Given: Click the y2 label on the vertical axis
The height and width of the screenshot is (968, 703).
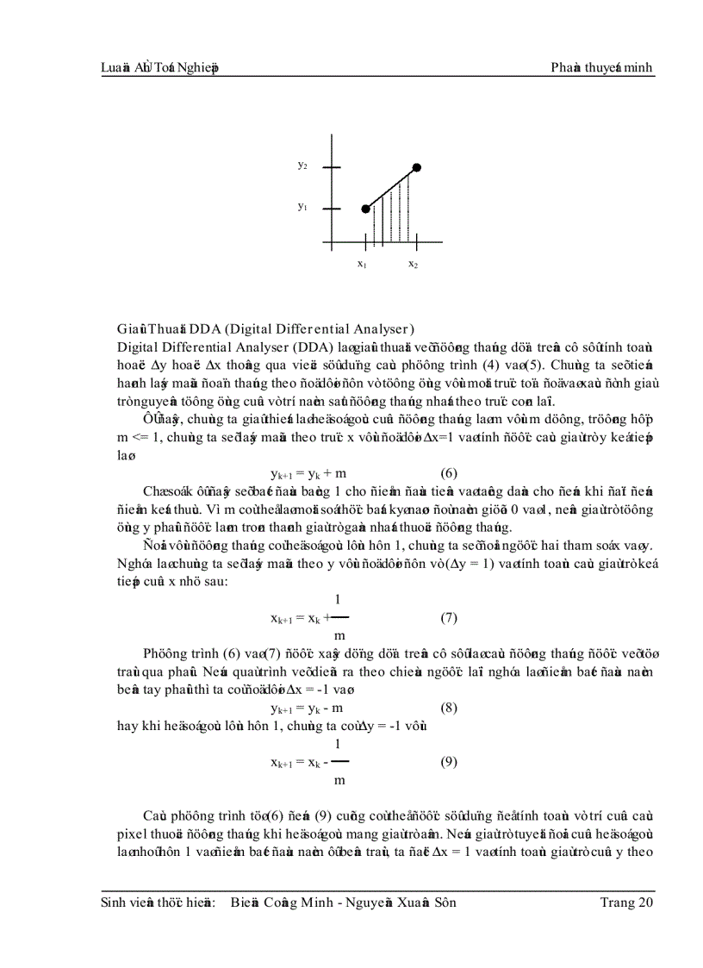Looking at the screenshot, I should [x=302, y=165].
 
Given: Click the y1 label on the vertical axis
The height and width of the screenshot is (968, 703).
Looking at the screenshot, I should [x=302, y=208].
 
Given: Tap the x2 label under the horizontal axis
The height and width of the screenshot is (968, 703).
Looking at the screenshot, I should [x=414, y=264].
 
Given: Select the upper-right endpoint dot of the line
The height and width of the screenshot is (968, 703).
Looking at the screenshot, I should [x=417, y=167].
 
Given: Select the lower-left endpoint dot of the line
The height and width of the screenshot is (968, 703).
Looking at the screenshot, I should [x=365, y=209].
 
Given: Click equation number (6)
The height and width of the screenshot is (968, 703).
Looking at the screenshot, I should [x=448, y=472].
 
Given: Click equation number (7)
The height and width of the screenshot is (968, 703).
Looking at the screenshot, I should [x=448, y=617].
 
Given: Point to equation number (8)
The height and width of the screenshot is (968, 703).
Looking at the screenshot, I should [x=448, y=708].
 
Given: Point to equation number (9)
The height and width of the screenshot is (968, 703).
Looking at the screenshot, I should [x=448, y=761].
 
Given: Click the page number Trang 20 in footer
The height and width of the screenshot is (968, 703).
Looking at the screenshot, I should [x=626, y=902].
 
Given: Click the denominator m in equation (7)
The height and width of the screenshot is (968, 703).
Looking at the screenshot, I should [x=339, y=635].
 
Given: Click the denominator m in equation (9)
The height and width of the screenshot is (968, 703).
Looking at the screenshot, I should [x=339, y=779].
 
